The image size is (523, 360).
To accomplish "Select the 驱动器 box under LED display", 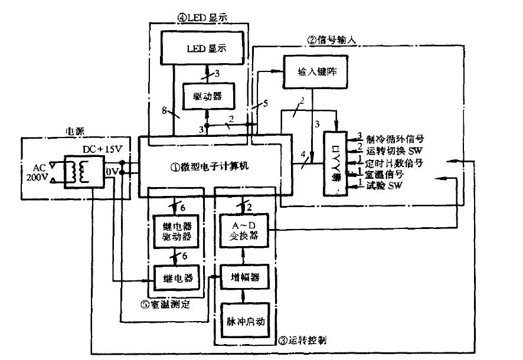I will (x=208, y=96).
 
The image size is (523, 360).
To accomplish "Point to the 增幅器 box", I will (x=243, y=276).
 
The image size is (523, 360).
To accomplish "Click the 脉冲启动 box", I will (x=243, y=322).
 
